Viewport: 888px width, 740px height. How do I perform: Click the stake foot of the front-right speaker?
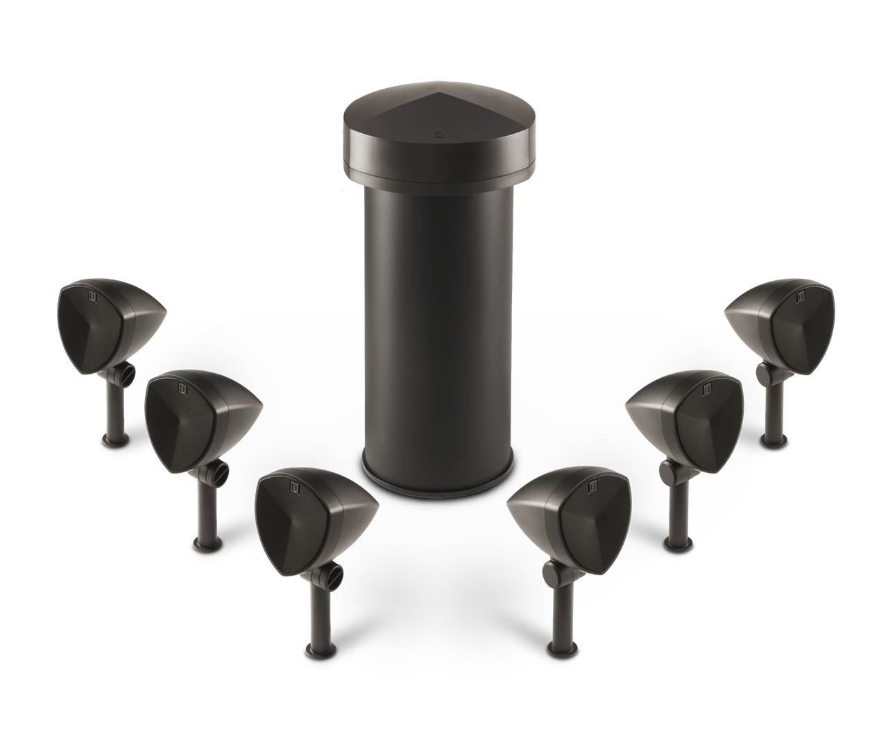point(558,649)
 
